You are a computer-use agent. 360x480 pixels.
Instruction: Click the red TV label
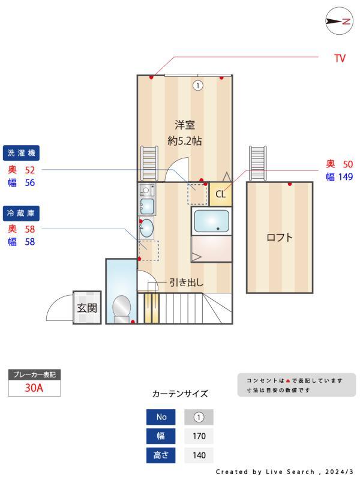click(340, 59)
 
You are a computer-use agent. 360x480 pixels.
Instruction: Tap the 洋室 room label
click(185, 125)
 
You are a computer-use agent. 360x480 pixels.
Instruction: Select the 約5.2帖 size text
click(185, 142)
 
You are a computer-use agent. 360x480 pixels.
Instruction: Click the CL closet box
click(220, 194)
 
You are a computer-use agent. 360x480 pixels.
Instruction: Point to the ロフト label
click(280, 237)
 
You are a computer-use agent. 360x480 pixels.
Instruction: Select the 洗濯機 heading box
click(22, 153)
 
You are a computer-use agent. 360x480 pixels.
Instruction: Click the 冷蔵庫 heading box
click(22, 212)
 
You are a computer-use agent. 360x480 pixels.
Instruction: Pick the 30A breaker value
click(34, 388)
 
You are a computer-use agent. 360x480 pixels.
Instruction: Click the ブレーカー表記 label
click(34, 374)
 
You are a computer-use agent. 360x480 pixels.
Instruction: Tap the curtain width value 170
click(199, 436)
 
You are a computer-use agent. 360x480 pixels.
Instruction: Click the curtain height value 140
click(199, 455)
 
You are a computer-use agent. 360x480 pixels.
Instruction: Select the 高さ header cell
click(161, 455)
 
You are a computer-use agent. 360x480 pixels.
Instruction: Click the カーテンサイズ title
click(180, 394)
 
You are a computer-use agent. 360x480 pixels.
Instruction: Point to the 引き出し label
click(186, 282)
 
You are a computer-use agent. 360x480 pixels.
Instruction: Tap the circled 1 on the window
click(197, 85)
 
